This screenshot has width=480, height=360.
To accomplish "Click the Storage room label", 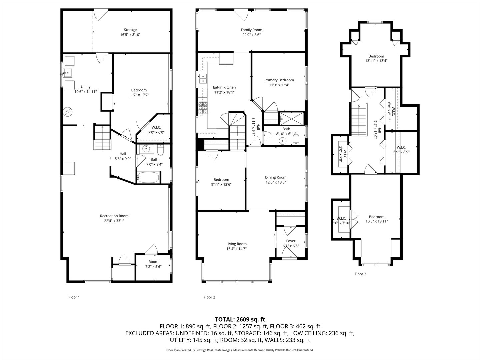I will point(130,30).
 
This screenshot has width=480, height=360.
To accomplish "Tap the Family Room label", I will point(251,30).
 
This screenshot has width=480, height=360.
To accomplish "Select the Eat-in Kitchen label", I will point(224,87).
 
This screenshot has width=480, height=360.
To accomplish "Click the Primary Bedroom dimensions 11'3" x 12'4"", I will point(279,85).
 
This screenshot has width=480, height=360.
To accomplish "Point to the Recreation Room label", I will point(114,216).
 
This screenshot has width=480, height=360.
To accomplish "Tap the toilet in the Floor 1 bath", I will point(161,151).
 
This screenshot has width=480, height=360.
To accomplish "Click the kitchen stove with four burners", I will point(202,107).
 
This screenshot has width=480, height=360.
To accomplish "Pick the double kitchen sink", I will point(202,79).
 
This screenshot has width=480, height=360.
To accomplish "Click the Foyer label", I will point(291,241).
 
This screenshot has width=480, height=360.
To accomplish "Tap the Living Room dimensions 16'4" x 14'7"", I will point(236,249).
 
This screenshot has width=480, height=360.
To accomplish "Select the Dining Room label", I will point(276,177).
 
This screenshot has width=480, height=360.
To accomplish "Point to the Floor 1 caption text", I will point(74,297).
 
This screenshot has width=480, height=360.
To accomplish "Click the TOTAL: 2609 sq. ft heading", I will point(240,319).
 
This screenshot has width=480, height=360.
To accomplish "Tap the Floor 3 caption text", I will point(360,274).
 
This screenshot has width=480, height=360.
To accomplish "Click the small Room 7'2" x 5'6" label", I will point(153,264).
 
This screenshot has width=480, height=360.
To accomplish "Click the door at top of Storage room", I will point(100,15).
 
